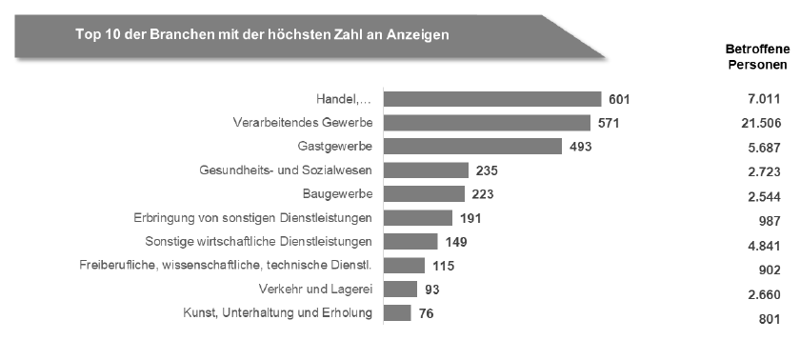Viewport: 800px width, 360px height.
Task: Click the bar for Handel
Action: click(492, 99)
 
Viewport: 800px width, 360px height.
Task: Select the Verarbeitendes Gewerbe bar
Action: click(487, 123)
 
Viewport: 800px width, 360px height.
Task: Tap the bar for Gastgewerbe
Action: click(472, 147)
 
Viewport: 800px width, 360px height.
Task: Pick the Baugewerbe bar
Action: click(424, 193)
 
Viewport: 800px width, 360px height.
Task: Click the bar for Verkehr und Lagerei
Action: click(401, 288)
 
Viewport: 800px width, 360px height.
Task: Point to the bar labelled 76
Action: click(398, 311)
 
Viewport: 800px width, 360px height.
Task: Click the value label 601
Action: click(620, 99)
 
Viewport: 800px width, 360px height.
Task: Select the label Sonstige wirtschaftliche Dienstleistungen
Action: click(258, 241)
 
